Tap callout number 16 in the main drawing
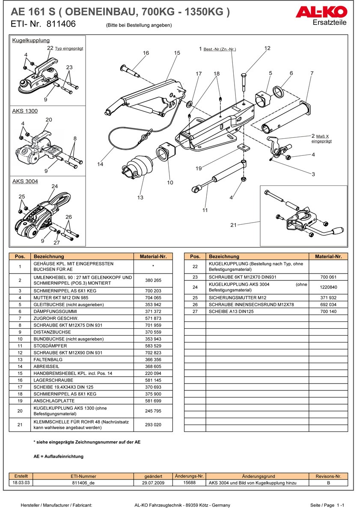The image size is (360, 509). pyautogui.click(x=146, y=53)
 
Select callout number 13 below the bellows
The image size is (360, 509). pyautogui.click(x=140, y=197)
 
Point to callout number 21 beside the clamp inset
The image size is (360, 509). pyautogui.click(x=233, y=224)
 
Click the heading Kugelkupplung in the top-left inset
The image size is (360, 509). pyautogui.click(x=31, y=41)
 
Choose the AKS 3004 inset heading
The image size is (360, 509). pyautogui.click(x=25, y=182)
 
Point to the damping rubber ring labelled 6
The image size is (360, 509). pyautogui.click(x=279, y=91)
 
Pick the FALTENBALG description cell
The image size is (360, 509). pyautogui.click(x=48, y=360)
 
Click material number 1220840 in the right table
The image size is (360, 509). pyautogui.click(x=328, y=287)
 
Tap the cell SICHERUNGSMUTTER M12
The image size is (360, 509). pyautogui.click(x=237, y=298)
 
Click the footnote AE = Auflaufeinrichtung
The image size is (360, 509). pyautogui.click(x=59, y=456)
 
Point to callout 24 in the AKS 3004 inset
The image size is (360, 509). pyautogui.click(x=54, y=186)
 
